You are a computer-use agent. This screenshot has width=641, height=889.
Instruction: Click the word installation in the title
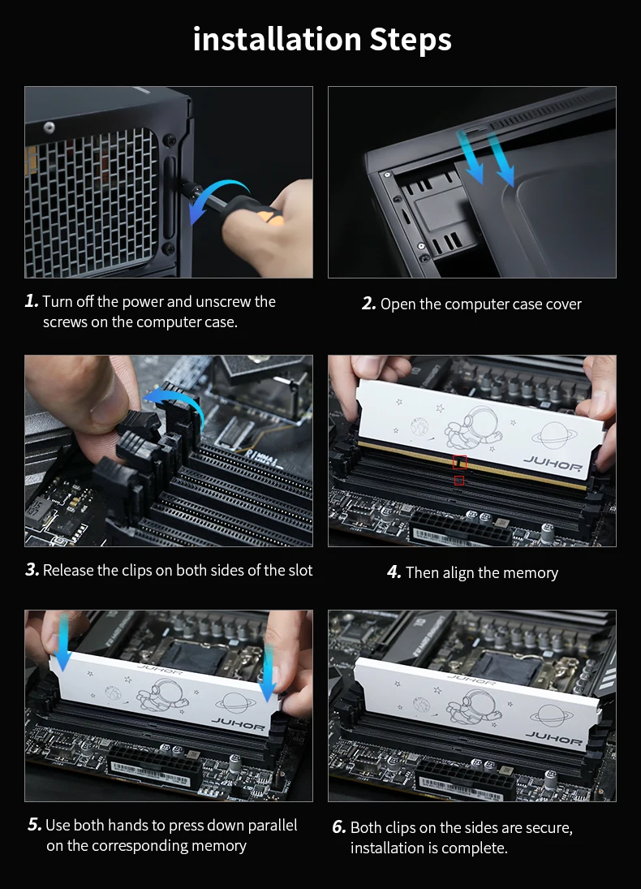click(277, 39)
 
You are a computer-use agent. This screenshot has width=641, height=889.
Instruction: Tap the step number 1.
click(32, 301)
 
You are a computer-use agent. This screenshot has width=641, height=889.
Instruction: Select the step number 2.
click(369, 304)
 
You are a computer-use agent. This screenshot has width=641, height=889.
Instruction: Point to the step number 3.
click(32, 570)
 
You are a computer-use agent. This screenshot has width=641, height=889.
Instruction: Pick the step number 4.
click(394, 572)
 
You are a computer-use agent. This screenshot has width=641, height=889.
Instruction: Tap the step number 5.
click(35, 825)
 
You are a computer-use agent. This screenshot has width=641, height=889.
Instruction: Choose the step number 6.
click(339, 828)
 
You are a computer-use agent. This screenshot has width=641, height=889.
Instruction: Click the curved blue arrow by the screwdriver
click(221, 187)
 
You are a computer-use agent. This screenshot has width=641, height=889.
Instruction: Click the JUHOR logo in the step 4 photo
click(553, 465)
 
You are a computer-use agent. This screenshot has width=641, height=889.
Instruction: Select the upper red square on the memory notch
click(459, 463)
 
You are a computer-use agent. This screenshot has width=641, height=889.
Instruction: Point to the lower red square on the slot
click(459, 481)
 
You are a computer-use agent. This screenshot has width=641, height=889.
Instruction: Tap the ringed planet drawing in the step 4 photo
click(554, 436)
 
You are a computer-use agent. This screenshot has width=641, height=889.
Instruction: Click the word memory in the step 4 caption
click(531, 573)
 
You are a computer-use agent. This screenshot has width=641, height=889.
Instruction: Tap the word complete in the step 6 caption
click(473, 848)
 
